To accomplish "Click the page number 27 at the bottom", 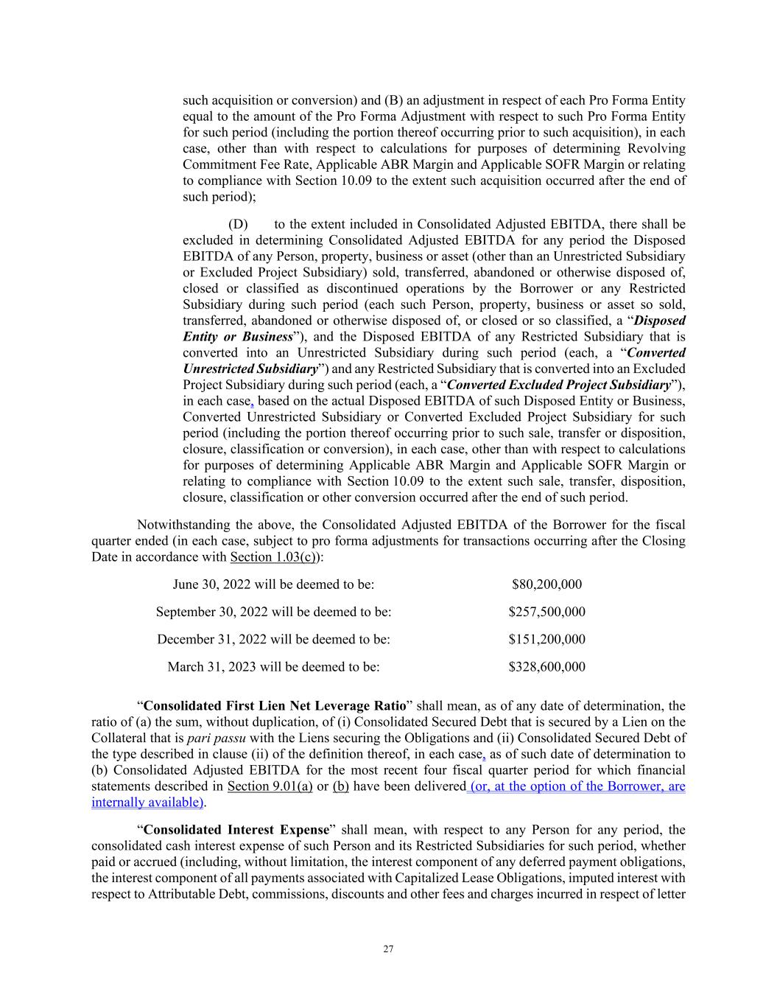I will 388,949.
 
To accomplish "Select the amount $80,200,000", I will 546,584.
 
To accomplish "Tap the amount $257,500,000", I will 546,612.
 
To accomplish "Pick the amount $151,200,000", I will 546,639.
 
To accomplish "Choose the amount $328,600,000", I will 546,667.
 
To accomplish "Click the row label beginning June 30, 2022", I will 273,584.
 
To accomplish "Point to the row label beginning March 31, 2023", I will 273,667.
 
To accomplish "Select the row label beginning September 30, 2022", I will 273,612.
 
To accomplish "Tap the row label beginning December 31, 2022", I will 273,639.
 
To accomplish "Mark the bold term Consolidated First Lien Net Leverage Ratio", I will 275,706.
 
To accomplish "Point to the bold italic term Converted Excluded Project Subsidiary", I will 559,385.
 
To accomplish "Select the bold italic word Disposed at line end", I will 659,321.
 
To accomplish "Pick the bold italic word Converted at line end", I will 655,352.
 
